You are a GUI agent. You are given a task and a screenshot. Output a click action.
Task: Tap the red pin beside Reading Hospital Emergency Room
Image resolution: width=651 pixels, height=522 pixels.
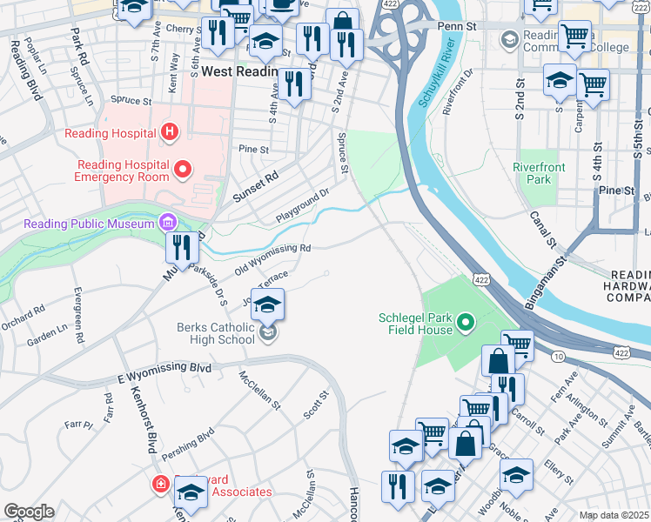tap(183, 169)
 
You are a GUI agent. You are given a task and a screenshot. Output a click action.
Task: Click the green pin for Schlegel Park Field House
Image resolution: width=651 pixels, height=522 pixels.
tap(466, 325)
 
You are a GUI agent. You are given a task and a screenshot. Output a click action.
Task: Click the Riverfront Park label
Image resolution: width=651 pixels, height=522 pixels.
tap(539, 173)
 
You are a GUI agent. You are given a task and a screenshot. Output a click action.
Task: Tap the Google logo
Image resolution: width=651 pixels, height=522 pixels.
tap(29, 512)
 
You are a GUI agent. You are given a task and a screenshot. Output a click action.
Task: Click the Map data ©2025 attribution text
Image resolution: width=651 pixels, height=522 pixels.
tap(614, 515)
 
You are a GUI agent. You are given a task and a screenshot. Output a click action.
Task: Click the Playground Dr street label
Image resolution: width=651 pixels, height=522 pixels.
tap(303, 204)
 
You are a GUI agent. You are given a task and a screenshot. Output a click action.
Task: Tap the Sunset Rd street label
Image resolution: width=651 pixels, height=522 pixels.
tap(254, 186)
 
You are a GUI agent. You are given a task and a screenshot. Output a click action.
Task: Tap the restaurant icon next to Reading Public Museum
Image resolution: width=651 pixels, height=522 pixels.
tap(183, 247)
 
